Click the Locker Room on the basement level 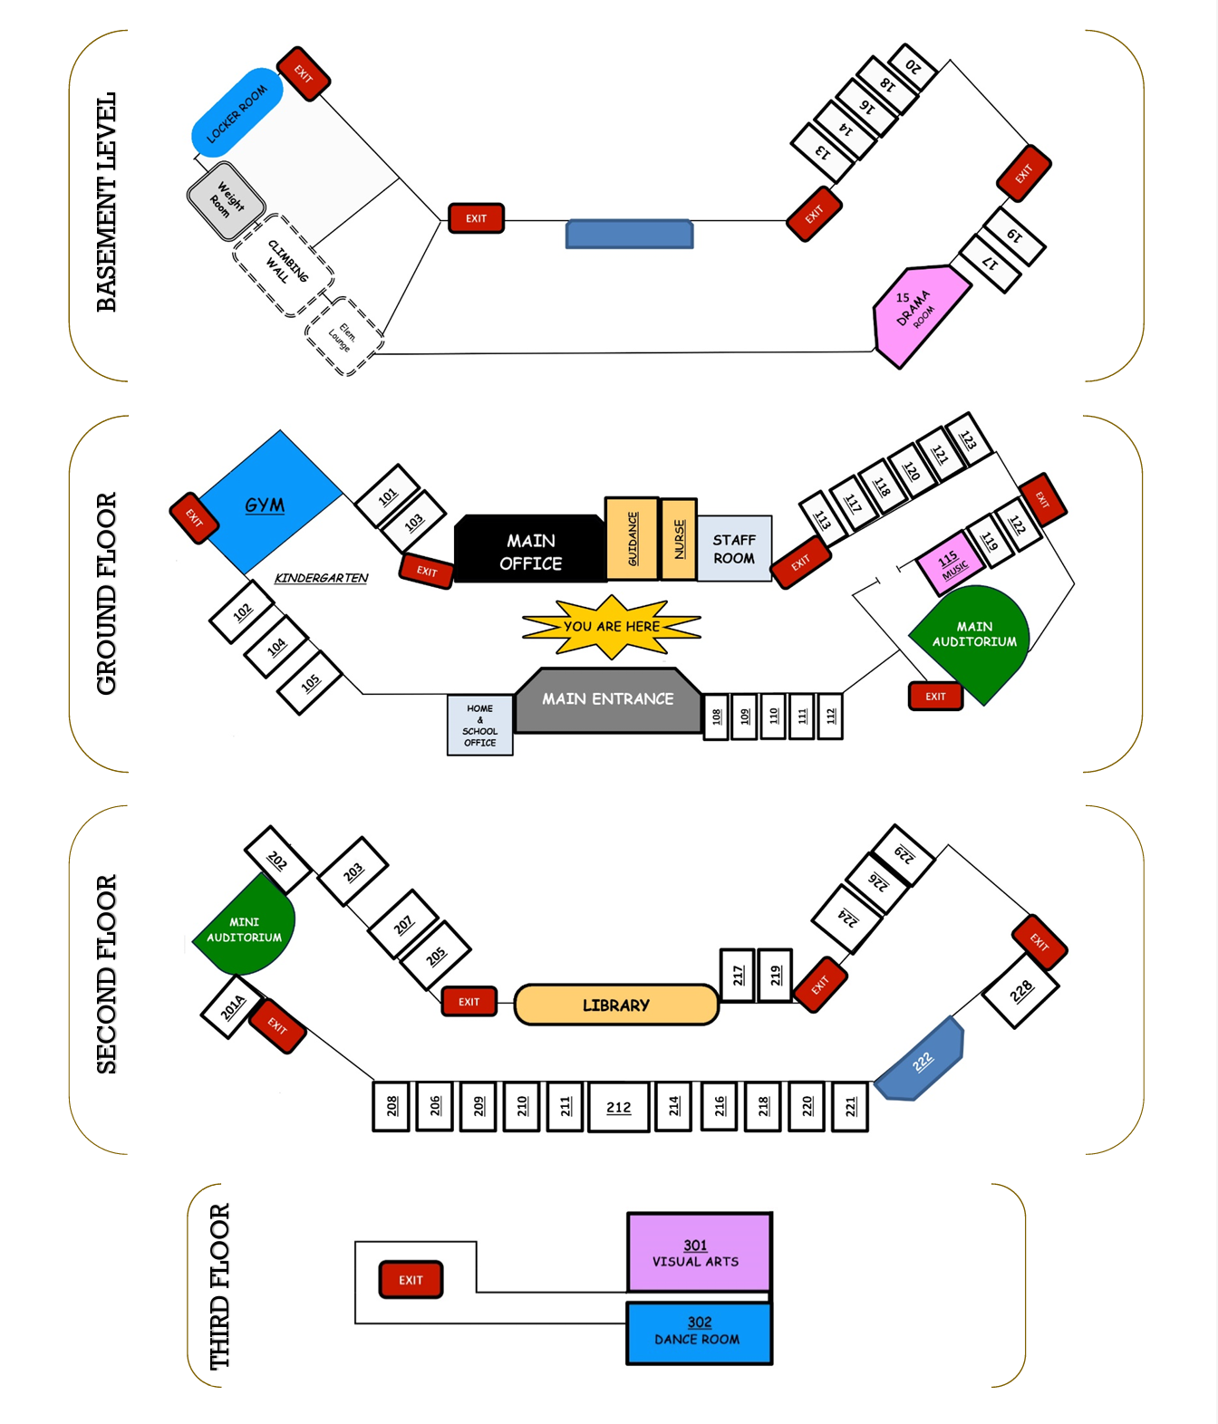click(x=237, y=112)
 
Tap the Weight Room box click(x=227, y=200)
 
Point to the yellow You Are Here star click(x=612, y=626)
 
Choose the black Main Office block click(x=530, y=551)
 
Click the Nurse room click(x=679, y=539)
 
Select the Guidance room click(x=632, y=538)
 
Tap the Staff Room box click(x=734, y=548)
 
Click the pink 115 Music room click(x=950, y=563)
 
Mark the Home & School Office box click(x=479, y=725)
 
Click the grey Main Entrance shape click(x=608, y=700)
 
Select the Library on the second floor click(x=616, y=1005)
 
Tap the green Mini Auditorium click(x=245, y=928)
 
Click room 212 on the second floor click(x=619, y=1106)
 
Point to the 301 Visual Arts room click(x=699, y=1252)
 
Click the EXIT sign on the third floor click(x=411, y=1280)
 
